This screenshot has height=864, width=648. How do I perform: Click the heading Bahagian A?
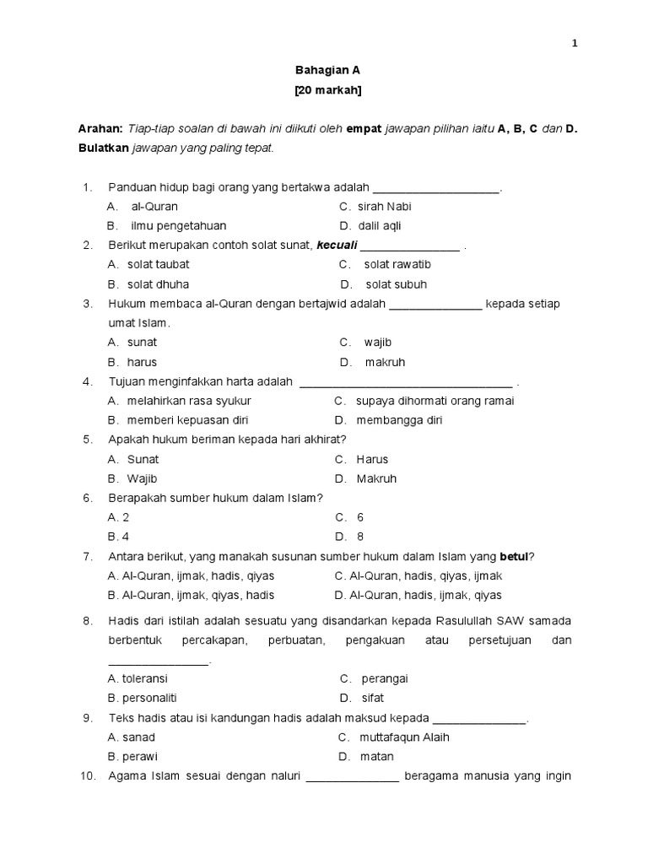(x=324, y=73)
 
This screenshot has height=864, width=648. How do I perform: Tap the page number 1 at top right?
(x=574, y=44)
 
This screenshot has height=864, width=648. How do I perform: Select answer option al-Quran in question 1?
(x=154, y=207)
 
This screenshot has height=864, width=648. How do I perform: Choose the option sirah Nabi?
(x=384, y=207)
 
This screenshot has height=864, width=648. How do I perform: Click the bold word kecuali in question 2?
(x=337, y=246)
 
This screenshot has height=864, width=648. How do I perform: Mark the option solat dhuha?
(x=158, y=284)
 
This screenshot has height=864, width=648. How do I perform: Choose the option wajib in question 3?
(x=378, y=343)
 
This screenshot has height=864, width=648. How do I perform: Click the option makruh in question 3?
(x=385, y=363)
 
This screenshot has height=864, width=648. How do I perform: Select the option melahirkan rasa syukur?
(x=189, y=401)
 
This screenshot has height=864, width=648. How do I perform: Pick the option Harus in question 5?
(x=372, y=460)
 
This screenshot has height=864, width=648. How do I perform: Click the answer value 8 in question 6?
(x=360, y=537)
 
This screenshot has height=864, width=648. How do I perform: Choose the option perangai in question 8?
(x=385, y=678)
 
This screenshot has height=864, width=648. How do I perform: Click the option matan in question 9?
(x=377, y=757)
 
